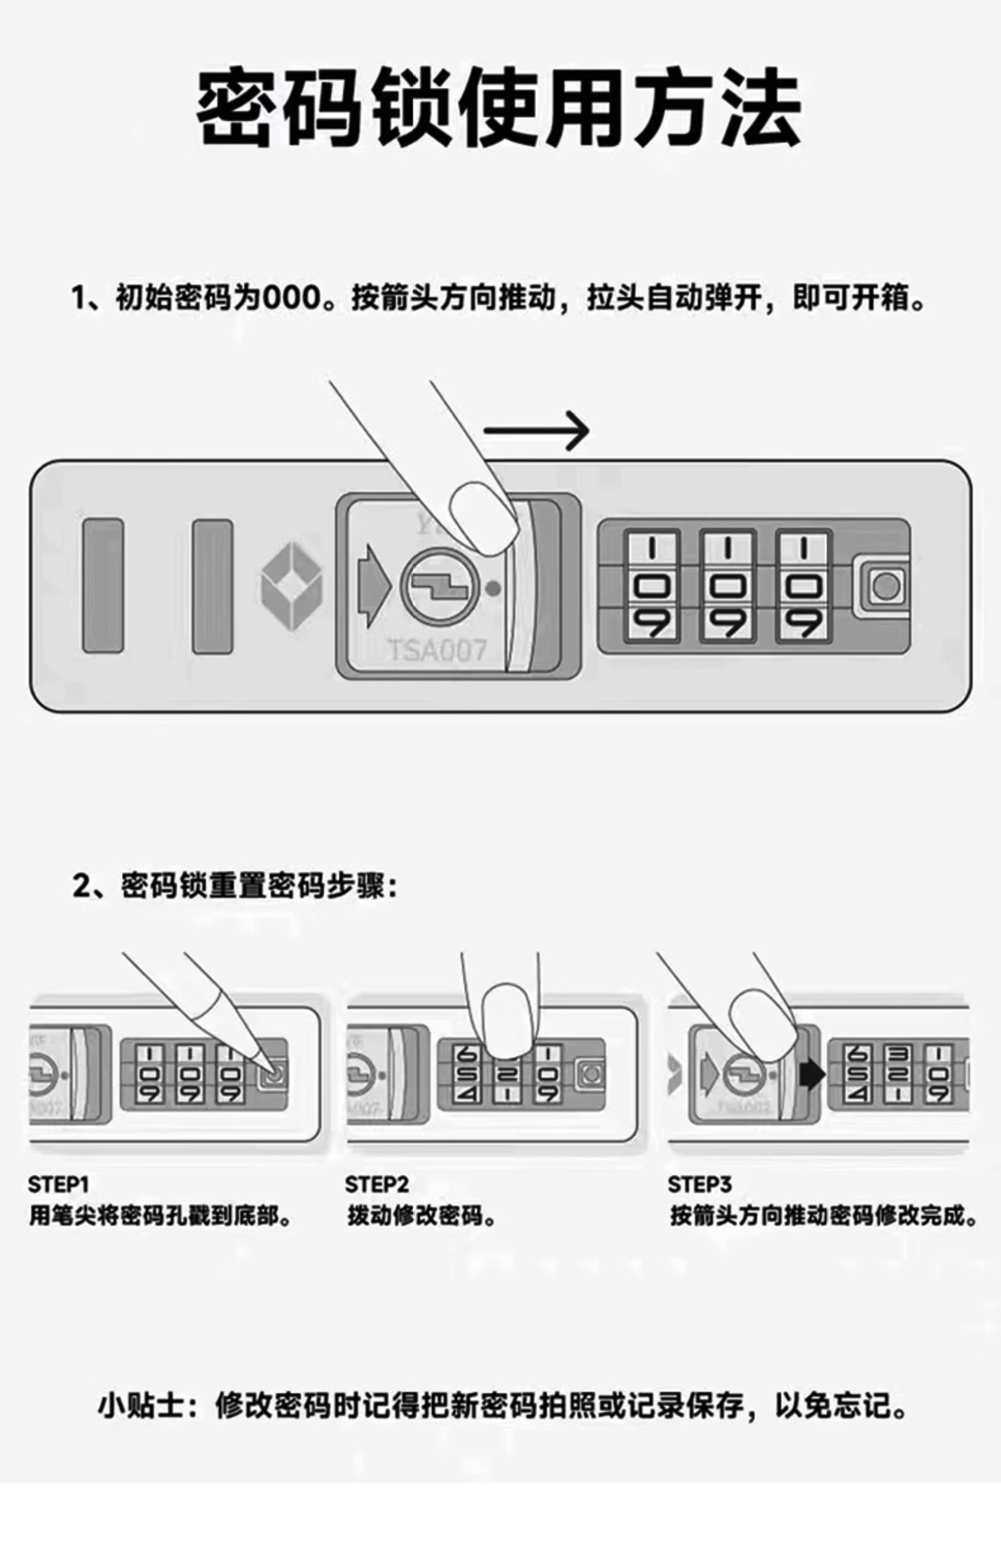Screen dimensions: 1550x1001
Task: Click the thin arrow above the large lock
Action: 537,430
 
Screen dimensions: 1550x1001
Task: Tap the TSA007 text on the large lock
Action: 438,650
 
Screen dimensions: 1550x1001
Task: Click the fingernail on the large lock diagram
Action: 483,517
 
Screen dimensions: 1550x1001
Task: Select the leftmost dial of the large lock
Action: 652,585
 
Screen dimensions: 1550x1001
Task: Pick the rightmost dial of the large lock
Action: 803,585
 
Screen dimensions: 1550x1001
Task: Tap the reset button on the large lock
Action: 886,585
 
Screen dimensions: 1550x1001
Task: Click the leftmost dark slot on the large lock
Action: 103,585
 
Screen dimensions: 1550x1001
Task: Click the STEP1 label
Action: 58,1184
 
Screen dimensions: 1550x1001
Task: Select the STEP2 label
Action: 376,1184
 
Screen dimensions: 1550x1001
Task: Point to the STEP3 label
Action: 699,1184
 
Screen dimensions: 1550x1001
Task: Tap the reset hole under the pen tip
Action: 274,1075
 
